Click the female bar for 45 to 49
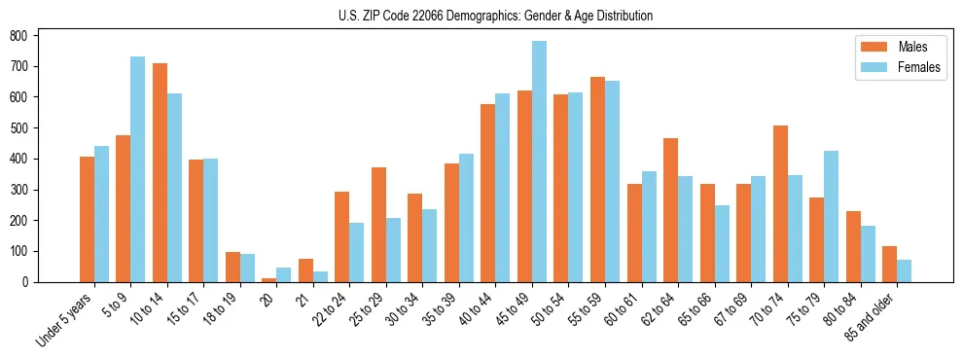pyautogui.click(x=539, y=162)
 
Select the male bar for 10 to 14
pyautogui.click(x=160, y=172)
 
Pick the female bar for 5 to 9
pyautogui.click(x=138, y=169)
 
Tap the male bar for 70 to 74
pyautogui.click(x=780, y=203)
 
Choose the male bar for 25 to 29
pyautogui.click(x=378, y=225)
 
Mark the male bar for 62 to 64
pyautogui.click(x=670, y=210)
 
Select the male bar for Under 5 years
pyautogui.click(x=87, y=219)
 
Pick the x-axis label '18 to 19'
pyautogui.click(x=218, y=309)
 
